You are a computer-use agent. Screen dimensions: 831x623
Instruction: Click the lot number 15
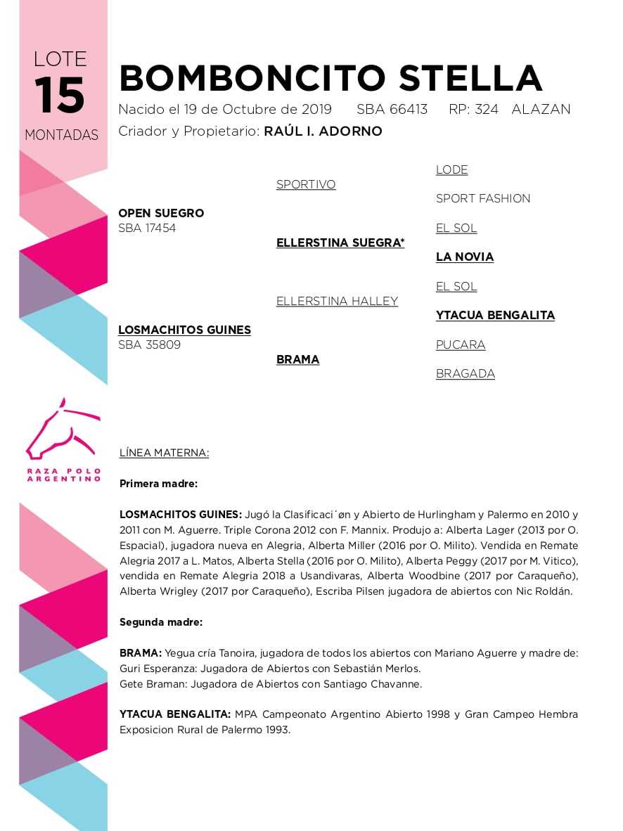tap(60, 96)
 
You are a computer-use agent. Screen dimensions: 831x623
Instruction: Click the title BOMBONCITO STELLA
tap(330, 78)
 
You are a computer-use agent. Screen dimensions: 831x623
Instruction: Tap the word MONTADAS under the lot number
tap(62, 135)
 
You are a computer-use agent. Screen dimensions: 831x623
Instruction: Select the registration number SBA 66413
tap(392, 110)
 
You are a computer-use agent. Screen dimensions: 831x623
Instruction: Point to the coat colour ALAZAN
tap(541, 110)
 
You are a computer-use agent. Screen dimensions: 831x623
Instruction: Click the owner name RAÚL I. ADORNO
tap(323, 131)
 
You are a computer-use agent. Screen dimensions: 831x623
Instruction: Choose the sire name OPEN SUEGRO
tap(161, 213)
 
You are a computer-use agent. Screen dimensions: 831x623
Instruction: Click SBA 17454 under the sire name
tap(147, 228)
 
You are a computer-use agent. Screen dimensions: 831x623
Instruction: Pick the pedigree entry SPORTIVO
tap(306, 184)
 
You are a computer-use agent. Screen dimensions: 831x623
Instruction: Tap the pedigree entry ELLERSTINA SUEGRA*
tap(340, 243)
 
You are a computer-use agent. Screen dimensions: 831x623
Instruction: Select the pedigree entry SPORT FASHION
tap(483, 199)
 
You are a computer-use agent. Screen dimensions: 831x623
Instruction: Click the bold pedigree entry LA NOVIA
tap(465, 257)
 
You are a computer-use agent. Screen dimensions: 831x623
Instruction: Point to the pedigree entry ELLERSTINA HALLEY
tap(337, 301)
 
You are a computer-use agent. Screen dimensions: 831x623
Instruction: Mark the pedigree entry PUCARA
tap(461, 344)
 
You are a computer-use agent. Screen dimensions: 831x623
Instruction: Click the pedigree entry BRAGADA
tap(465, 374)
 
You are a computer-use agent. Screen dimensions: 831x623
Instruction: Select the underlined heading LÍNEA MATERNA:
tap(164, 453)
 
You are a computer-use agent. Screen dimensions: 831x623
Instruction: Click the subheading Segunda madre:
tap(161, 622)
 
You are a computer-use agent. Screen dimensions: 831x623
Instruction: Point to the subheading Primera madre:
tap(158, 484)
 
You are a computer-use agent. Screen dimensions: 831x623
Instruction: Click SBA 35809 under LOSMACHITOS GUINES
tap(149, 344)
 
